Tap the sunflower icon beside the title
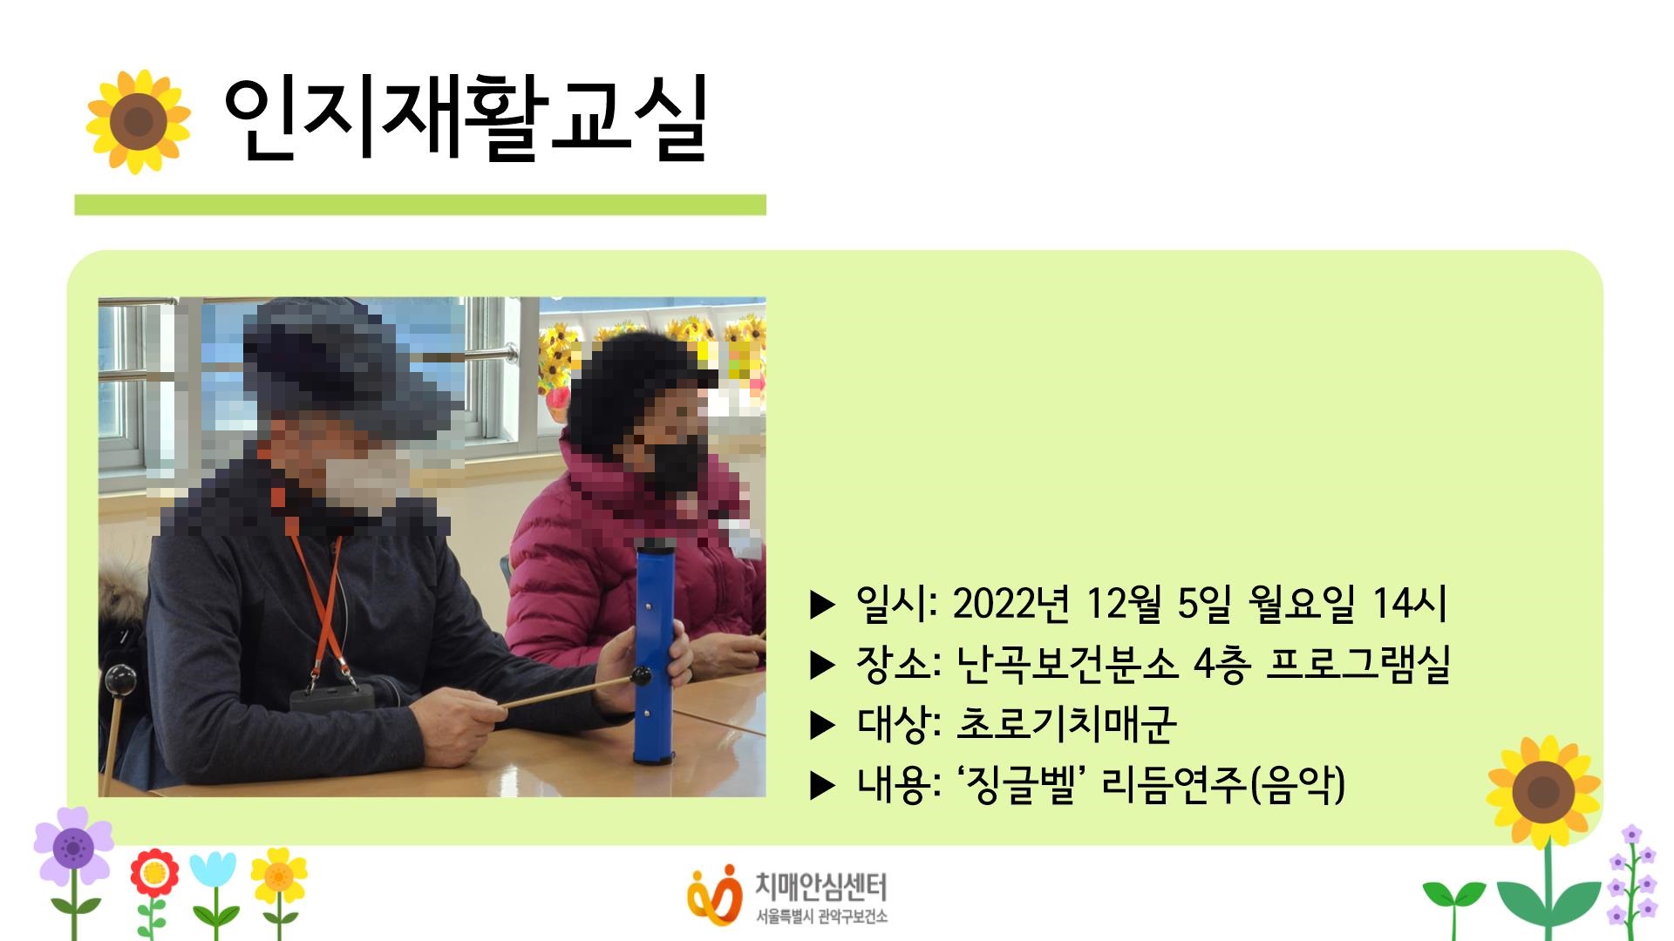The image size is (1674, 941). pyautogui.click(x=139, y=121)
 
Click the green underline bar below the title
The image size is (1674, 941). pyautogui.click(x=419, y=205)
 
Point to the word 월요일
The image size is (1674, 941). pyautogui.click(x=1301, y=603)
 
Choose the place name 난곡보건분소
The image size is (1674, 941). pyautogui.click(x=1066, y=664)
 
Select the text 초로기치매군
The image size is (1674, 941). pyautogui.click(x=1066, y=724)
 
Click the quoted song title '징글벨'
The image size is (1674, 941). pyautogui.click(x=1019, y=784)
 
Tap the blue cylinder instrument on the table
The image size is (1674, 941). pyautogui.click(x=655, y=653)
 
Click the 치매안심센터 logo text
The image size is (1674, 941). pyautogui.click(x=820, y=887)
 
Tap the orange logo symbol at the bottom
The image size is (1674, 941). pyautogui.click(x=714, y=893)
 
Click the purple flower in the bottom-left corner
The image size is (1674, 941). pyautogui.click(x=73, y=845)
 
